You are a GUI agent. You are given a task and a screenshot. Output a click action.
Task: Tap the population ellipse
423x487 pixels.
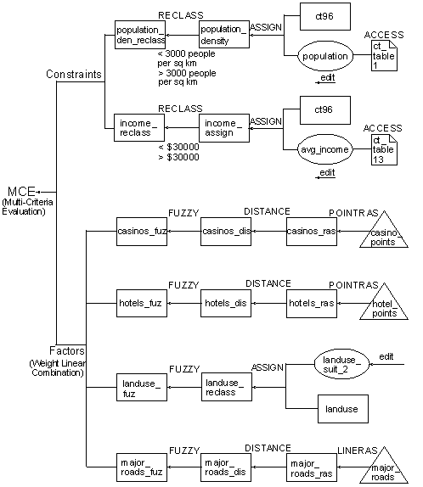[325, 56]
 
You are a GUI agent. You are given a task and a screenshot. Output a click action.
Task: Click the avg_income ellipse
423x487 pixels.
[325, 150]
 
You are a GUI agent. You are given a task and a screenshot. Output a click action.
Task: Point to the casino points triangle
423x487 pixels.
[385, 235]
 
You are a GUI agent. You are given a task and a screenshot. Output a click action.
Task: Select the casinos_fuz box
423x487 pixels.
[141, 230]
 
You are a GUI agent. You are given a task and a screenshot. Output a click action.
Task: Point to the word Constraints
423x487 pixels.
[74, 75]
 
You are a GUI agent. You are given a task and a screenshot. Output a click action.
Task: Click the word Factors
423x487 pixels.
[65, 350]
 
